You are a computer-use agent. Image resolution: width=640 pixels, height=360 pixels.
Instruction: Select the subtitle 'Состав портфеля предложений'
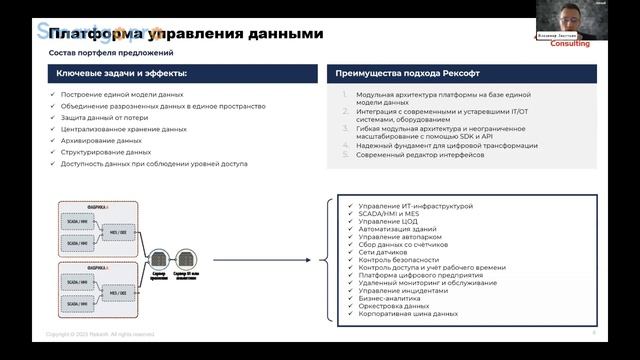click(111, 52)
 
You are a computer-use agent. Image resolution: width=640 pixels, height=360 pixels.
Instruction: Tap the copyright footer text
click(100, 333)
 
